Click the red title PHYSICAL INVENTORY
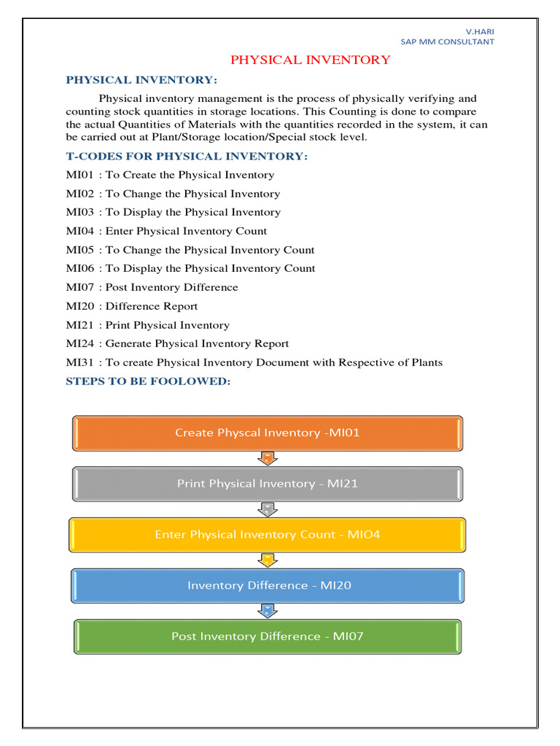311,60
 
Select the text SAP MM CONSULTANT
447,42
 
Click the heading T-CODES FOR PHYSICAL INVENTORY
187,156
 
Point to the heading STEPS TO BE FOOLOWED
148,381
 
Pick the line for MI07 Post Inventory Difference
152,287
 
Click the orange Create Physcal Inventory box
268,433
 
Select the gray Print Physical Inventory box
268,484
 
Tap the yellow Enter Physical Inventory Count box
268,535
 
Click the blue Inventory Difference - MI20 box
268,586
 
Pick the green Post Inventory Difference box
268,637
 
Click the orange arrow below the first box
268,458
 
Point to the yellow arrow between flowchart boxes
268,560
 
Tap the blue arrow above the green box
268,610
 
